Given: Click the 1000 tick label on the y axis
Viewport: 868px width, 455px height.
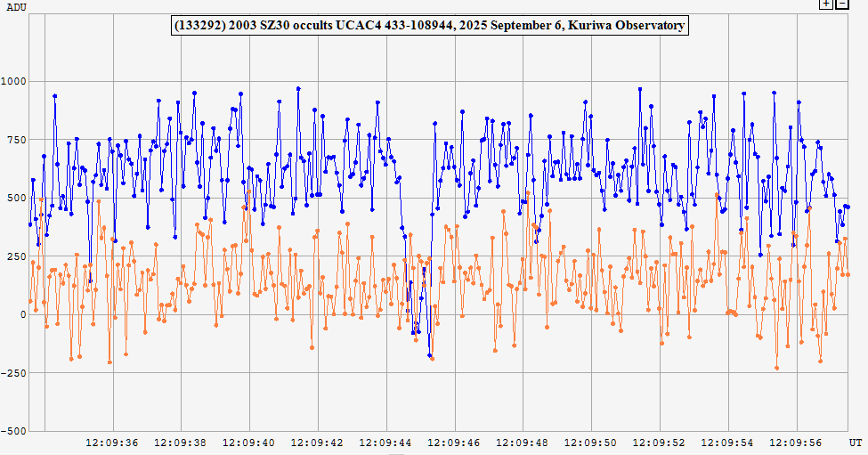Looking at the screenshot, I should tap(14, 82).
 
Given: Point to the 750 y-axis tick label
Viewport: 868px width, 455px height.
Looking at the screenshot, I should tap(17, 140).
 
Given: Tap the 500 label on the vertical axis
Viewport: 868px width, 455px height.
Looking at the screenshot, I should tap(17, 198).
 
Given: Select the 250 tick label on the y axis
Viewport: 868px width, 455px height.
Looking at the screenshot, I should tap(17, 256).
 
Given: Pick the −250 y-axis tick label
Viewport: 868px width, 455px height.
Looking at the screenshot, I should tap(14, 372).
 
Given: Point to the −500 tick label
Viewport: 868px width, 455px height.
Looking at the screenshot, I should tap(14, 431).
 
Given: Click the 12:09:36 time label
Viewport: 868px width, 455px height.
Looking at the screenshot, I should tap(111, 442).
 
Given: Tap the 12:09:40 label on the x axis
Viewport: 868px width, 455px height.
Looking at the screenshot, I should tap(248, 442).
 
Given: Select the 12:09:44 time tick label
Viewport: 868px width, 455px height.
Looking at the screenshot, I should tap(385, 442).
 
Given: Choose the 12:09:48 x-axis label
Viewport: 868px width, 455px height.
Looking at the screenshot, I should tap(523, 442).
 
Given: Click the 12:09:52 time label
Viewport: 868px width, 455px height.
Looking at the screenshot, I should tap(660, 442).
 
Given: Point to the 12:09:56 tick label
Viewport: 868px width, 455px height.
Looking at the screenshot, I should tap(797, 442).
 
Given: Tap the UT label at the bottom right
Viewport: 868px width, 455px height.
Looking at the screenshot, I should tap(856, 442).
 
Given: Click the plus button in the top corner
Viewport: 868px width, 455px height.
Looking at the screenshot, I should tap(826, 4).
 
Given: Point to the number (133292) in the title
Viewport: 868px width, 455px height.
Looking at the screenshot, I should tap(202, 25).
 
